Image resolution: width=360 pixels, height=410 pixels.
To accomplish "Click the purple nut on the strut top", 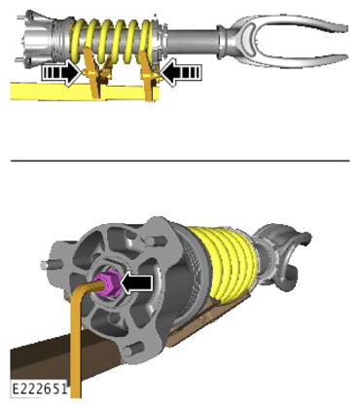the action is point(107,284).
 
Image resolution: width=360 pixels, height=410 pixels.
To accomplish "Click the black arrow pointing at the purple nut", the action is point(136,282).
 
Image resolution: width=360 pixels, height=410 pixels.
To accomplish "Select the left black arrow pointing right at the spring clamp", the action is point(61,73).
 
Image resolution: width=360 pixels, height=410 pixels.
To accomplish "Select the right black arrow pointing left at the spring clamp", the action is point(180,73).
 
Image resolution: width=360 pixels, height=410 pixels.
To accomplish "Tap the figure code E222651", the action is point(40,389).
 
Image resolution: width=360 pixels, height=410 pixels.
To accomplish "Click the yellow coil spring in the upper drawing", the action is point(111,42).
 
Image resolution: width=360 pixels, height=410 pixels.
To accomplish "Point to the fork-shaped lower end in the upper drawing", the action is point(285,38).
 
